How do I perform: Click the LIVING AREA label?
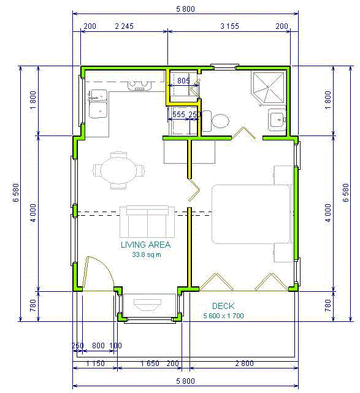pyautogui.click(x=145, y=245)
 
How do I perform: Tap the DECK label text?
pyautogui.click(x=223, y=306)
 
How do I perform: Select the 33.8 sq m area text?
pyautogui.click(x=147, y=254)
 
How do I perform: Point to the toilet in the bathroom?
pyautogui.click(x=216, y=121)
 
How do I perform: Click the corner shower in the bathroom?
pyautogui.click(x=268, y=88)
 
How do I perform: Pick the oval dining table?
pyautogui.click(x=118, y=170)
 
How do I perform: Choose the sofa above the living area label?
pyautogui.click(x=147, y=222)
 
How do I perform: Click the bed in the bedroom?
pyautogui.click(x=252, y=215)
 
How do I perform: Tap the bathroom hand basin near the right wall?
pyautogui.click(x=277, y=120)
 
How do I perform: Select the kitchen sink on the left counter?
pyautogui.click(x=98, y=104)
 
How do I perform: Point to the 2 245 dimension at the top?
pyautogui.click(x=124, y=26)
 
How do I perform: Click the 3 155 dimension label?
pyautogui.click(x=229, y=26)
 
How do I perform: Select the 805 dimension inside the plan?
pyautogui.click(x=183, y=81)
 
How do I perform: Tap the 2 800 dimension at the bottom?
pyautogui.click(x=244, y=364)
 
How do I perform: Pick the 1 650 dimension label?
pyautogui.click(x=150, y=364)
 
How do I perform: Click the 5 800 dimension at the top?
pyautogui.click(x=185, y=9)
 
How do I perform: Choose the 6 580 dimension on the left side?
pyautogui.click(x=16, y=193)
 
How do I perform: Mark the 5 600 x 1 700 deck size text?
pyautogui.click(x=223, y=316)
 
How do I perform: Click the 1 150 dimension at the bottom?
pyautogui.click(x=95, y=364)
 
